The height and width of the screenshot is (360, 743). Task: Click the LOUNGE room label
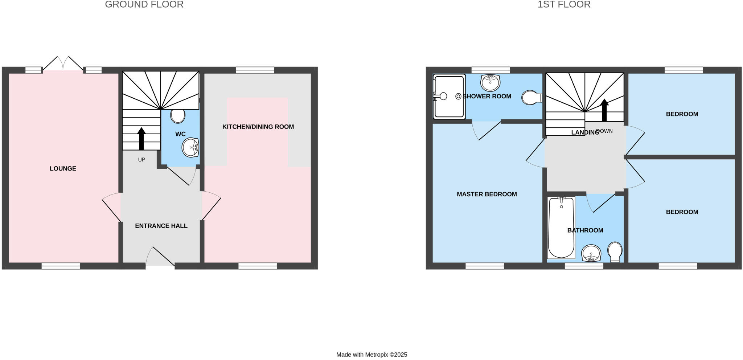[x=63, y=168]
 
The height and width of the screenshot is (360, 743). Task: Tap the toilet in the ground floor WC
[x=178, y=116]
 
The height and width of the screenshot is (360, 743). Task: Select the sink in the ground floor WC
[x=190, y=147]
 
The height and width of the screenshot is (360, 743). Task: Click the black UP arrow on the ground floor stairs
[x=141, y=138]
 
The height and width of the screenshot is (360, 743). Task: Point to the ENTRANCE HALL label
[x=161, y=226]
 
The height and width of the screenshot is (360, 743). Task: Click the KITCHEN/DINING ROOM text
[x=258, y=127]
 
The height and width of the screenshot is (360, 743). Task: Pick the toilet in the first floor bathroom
[x=615, y=251]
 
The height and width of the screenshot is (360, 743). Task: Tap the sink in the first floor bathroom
[x=591, y=253]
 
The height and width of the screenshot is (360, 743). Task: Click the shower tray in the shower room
[x=449, y=97]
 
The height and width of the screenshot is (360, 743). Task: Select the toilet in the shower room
[x=531, y=97]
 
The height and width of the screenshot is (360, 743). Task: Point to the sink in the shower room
[x=490, y=82]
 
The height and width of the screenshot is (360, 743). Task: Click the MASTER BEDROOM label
[x=487, y=194]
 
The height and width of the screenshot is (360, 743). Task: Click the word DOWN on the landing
[x=604, y=131]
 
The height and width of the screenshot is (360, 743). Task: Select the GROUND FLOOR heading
[x=144, y=4]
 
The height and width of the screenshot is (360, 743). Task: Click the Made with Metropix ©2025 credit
[x=371, y=355]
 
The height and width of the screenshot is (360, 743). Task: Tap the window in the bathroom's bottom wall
[x=584, y=266]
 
